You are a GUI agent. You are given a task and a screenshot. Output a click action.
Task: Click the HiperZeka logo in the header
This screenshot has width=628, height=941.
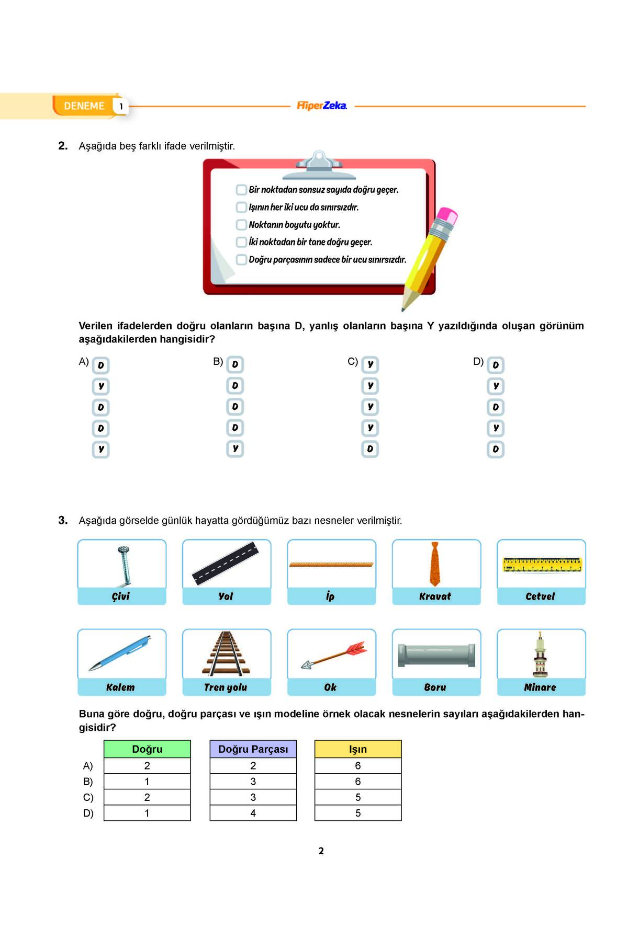(x=321, y=106)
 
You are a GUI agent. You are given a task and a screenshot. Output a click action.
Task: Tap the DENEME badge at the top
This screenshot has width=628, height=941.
(x=84, y=106)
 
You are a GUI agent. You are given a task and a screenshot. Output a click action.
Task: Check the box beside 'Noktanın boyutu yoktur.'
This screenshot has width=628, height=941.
(x=241, y=225)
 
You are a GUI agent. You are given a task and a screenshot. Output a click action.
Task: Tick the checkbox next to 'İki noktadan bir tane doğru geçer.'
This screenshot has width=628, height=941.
(x=241, y=242)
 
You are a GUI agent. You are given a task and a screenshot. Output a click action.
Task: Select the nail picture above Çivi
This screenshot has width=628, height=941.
(x=124, y=565)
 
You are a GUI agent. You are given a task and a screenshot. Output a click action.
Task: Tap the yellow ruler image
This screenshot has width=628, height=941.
(x=542, y=565)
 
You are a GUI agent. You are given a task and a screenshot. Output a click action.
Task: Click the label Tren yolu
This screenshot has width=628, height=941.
(x=226, y=687)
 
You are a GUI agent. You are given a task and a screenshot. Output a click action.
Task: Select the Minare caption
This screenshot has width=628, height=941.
(x=540, y=687)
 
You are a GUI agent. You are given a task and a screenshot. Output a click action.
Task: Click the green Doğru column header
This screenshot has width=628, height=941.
(x=147, y=749)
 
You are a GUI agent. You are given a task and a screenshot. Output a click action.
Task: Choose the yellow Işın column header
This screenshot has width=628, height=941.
(x=358, y=749)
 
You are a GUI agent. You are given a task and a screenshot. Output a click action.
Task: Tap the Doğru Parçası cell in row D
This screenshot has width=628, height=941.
(x=253, y=813)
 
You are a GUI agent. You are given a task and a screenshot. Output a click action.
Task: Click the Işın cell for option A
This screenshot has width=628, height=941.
(x=358, y=766)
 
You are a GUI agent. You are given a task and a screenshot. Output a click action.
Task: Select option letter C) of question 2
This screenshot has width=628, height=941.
(x=353, y=361)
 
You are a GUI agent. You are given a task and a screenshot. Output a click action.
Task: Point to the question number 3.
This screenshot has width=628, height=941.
(x=63, y=520)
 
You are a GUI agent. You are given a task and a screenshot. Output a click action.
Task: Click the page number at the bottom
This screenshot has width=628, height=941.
(x=321, y=851)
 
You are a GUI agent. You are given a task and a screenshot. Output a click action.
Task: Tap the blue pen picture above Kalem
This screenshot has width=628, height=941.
(x=120, y=653)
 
